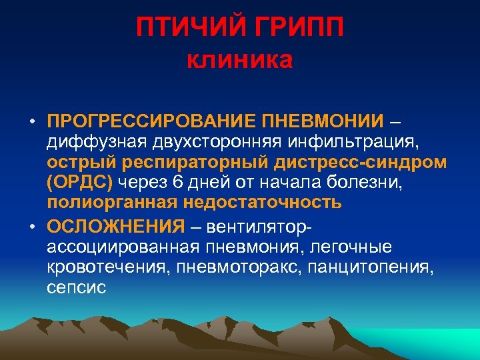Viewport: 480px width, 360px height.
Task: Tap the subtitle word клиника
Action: tap(239, 61)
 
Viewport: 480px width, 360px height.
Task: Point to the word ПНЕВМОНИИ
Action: tap(323, 122)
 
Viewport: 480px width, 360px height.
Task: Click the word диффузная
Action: tap(88, 141)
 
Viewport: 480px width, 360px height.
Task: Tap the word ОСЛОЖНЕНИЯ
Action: tap(115, 227)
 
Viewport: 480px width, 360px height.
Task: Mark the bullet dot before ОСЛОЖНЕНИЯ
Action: tap(32, 227)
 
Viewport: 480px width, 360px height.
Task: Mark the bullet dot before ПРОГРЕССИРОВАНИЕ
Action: tap(32, 122)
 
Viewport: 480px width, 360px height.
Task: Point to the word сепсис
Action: tap(77, 287)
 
